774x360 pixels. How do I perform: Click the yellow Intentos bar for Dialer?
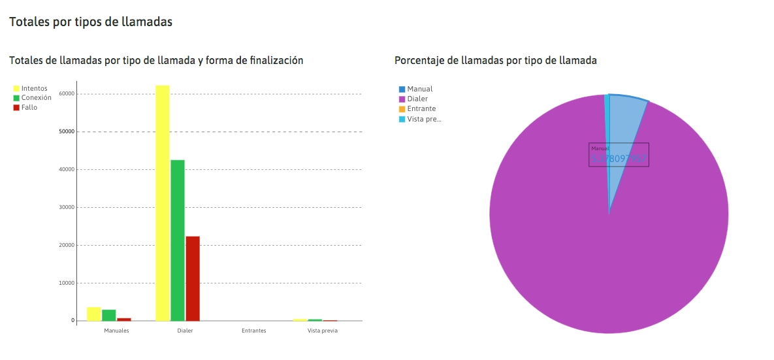pyautogui.click(x=162, y=203)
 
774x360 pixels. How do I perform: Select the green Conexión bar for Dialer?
pyautogui.click(x=178, y=240)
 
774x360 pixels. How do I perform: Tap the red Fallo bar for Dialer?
pyautogui.click(x=193, y=278)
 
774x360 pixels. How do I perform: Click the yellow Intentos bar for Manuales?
pyautogui.click(x=93, y=314)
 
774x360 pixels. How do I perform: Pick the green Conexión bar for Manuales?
pyautogui.click(x=109, y=316)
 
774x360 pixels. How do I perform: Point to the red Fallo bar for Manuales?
pyautogui.click(x=124, y=319)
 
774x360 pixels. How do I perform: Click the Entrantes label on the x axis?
pyautogui.click(x=253, y=331)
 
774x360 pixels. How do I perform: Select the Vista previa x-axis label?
pyautogui.click(x=323, y=331)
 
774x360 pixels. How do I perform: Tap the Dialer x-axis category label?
pyautogui.click(x=185, y=331)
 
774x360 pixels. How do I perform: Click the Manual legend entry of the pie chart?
pyautogui.click(x=419, y=89)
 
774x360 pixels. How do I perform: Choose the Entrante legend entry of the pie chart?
pyautogui.click(x=421, y=108)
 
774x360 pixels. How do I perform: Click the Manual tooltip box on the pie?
pyautogui.click(x=619, y=155)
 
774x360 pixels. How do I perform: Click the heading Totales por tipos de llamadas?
pyautogui.click(x=91, y=22)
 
